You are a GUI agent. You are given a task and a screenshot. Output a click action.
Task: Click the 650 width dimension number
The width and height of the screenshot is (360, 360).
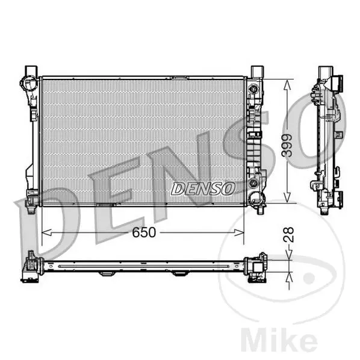144,232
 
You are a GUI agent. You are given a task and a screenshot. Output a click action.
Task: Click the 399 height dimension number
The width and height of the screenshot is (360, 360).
287,146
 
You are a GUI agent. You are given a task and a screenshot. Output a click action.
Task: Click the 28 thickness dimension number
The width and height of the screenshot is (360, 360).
288,234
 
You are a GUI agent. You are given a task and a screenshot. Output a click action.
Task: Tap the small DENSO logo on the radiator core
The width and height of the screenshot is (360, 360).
203,188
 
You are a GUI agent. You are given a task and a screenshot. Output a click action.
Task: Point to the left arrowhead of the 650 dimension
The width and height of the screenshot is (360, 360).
46,232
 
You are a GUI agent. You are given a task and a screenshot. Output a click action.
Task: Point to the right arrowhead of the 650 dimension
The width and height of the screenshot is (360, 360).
239,232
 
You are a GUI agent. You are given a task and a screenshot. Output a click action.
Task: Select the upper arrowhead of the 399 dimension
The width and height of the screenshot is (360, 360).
287,85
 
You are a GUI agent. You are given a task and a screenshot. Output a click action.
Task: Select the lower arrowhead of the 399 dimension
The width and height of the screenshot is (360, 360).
287,197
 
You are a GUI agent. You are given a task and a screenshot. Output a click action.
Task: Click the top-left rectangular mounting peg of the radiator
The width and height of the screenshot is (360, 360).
31,72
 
